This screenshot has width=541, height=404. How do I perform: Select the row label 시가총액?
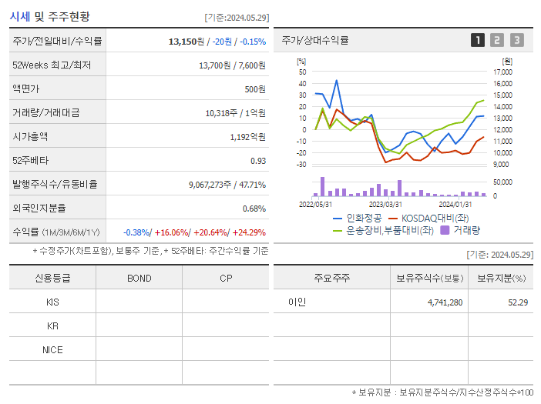coord(30,137)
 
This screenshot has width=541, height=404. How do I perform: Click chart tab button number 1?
coord(478,40)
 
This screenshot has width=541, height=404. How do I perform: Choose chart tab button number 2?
coord(497,40)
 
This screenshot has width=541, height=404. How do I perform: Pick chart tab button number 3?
coord(516,40)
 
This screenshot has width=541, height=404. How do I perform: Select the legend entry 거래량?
coord(466,229)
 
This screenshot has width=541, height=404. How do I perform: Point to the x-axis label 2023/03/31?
coord(386,204)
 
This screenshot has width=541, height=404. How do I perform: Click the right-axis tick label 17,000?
coord(502,72)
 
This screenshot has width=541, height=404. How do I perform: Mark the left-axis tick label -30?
coord(301,164)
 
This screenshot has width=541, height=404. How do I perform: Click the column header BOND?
coord(139,279)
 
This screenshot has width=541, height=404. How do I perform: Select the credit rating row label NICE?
coord(52,349)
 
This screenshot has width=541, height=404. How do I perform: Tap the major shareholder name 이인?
coord(297,302)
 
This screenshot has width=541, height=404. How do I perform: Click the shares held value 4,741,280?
coord(445,302)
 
